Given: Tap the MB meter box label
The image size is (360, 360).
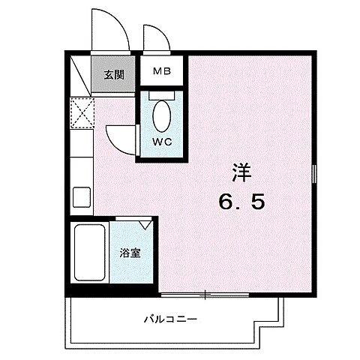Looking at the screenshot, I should pos(161,73).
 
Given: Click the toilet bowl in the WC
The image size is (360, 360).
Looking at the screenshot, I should pos(160,117).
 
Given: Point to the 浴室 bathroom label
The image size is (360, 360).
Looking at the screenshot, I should pos(130,253).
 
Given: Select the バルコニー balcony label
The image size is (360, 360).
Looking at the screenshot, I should pos(171,319).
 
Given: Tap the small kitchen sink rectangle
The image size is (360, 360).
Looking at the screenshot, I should pos(80,198).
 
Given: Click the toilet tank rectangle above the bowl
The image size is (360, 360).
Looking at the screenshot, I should pos(160,95).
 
